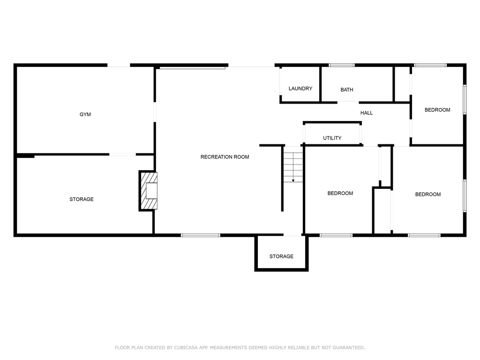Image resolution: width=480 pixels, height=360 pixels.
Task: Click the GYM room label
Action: click(x=85, y=114)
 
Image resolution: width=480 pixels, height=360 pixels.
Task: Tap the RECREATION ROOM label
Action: click(x=225, y=157)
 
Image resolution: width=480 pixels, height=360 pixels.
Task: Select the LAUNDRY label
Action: click(x=300, y=89)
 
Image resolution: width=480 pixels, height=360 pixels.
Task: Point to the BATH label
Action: click(x=347, y=90)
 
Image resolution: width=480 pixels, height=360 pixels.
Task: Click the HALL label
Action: click(x=367, y=113)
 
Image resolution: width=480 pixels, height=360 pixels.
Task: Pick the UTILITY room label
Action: click(x=332, y=138)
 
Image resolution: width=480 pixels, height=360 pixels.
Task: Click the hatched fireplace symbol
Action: click(x=149, y=191)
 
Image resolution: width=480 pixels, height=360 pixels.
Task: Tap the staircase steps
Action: click(x=293, y=165)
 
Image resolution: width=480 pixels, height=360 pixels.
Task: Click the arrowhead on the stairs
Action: click(x=293, y=180)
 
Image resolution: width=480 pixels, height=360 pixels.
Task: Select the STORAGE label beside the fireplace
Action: click(x=82, y=199)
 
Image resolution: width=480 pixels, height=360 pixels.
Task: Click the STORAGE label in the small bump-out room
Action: click(x=281, y=256)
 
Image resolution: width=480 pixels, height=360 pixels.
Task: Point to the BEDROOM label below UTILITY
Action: click(x=340, y=193)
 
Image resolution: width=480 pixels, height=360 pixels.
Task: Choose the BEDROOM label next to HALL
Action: click(x=437, y=110)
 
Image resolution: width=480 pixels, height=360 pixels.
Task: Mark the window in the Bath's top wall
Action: click(x=342, y=65)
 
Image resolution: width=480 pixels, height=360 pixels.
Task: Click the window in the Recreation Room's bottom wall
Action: click(x=201, y=235)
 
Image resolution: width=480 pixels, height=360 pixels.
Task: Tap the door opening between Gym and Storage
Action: click(x=122, y=154)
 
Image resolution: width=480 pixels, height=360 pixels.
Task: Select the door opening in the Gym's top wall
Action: click(x=119, y=65)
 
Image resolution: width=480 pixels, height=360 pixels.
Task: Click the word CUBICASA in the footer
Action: click(x=186, y=347)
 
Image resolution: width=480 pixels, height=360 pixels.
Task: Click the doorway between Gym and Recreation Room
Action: click(x=155, y=112)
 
